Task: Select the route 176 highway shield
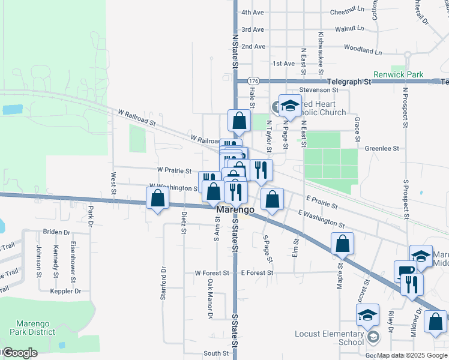[x=253, y=81]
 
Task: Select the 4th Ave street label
[x=252, y=12]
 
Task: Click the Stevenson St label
[x=319, y=89]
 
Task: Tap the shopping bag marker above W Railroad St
[x=239, y=121]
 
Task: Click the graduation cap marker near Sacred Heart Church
[x=290, y=106]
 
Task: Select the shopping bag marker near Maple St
[x=342, y=244]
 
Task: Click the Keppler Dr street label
[x=65, y=291]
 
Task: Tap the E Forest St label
[x=257, y=272]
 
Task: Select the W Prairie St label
[x=175, y=171]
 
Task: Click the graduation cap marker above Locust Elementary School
[x=367, y=314]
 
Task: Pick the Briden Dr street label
[x=56, y=232]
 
